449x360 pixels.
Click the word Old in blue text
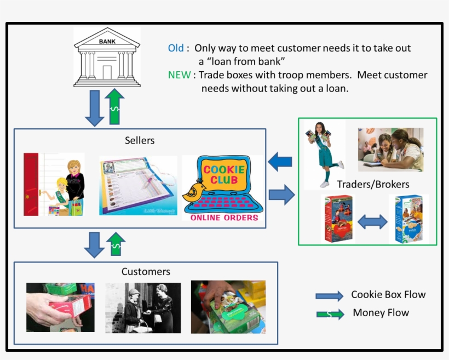pos(176,48)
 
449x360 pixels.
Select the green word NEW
pos(179,75)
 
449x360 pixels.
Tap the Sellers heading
pos(140,140)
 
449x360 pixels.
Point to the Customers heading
pos(146,272)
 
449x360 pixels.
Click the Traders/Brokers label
pos(373,184)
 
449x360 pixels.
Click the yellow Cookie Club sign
pos(223,175)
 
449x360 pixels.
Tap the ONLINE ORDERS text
pos(224,218)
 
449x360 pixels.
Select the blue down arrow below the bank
pos(95,107)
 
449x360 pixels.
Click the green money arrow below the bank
pos(114,106)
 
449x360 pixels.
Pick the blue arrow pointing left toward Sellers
pos(280,162)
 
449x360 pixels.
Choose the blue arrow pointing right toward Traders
pos(281,195)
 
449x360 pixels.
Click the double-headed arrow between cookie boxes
pos(372,221)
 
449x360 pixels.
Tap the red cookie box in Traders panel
pos(338,219)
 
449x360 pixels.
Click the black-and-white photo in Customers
pos(143,307)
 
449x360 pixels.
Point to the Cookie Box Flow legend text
pos(388,295)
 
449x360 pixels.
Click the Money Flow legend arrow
pos(330,314)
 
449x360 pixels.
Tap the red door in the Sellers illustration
pos(32,184)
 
